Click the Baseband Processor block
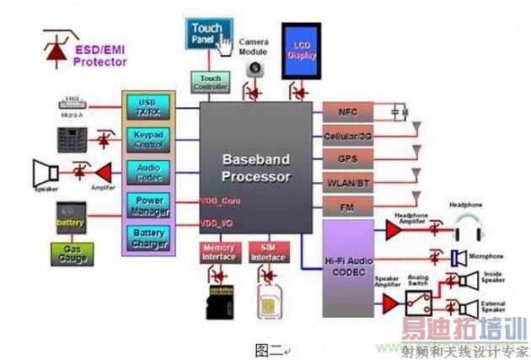(256, 169)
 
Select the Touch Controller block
(211, 83)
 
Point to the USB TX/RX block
(147, 109)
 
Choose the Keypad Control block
(147, 139)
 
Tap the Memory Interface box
(219, 252)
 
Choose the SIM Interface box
(269, 252)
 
